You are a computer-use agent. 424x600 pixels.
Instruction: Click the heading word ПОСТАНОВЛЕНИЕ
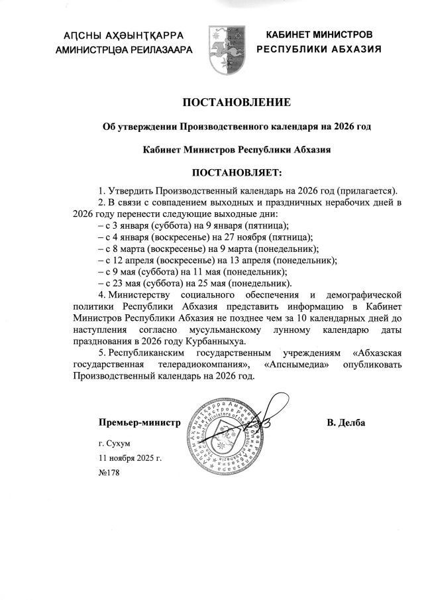click(x=237, y=102)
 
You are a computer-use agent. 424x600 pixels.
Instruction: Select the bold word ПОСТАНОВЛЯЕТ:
click(x=237, y=173)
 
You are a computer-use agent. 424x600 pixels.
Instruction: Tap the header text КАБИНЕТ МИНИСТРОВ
click(x=319, y=34)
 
